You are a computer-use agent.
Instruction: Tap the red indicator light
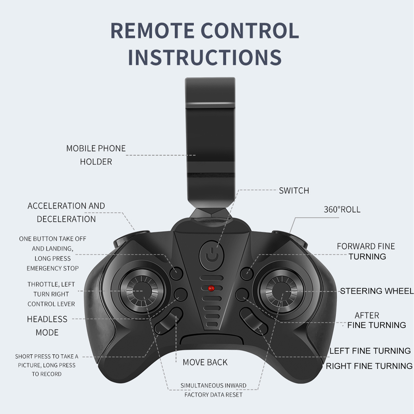point(211,288)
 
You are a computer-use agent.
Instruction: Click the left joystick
point(142,291)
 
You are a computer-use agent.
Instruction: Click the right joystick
point(282,292)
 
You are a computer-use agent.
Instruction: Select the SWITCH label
point(294,190)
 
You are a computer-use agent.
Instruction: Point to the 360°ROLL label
point(342,209)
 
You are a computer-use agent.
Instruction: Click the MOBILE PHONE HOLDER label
point(96,155)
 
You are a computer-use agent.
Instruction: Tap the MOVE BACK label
point(205,362)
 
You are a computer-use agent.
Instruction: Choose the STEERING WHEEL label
point(377,291)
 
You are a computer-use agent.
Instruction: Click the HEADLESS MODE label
point(47,326)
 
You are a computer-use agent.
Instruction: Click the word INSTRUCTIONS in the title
point(205,57)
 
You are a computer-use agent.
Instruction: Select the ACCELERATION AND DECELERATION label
point(66,212)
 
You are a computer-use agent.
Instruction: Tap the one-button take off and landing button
point(176,274)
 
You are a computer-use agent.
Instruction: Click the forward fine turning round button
point(247,274)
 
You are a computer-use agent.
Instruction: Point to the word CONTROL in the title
point(250,30)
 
